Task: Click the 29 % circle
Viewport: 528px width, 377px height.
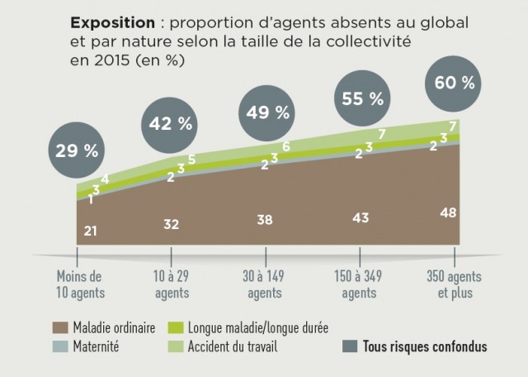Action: click(77, 150)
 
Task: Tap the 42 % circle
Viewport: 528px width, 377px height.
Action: click(171, 124)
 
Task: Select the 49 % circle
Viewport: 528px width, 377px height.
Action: click(266, 114)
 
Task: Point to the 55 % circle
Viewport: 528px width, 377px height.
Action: click(361, 98)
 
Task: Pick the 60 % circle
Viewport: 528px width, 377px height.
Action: click(455, 83)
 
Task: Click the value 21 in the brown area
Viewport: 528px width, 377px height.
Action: click(91, 231)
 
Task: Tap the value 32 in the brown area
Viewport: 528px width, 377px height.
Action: click(171, 224)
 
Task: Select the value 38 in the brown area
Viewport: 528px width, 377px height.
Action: click(266, 221)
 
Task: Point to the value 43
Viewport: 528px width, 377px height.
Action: click(361, 217)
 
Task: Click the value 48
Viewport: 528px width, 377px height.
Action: click(449, 212)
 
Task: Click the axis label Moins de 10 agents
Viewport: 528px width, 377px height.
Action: click(79, 284)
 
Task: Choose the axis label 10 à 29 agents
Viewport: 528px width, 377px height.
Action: click(171, 284)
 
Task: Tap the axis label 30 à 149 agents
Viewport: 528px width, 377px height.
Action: click(266, 284)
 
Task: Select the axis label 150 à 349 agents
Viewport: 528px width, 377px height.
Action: click(361, 284)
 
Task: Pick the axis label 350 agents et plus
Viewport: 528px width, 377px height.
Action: click(455, 284)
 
